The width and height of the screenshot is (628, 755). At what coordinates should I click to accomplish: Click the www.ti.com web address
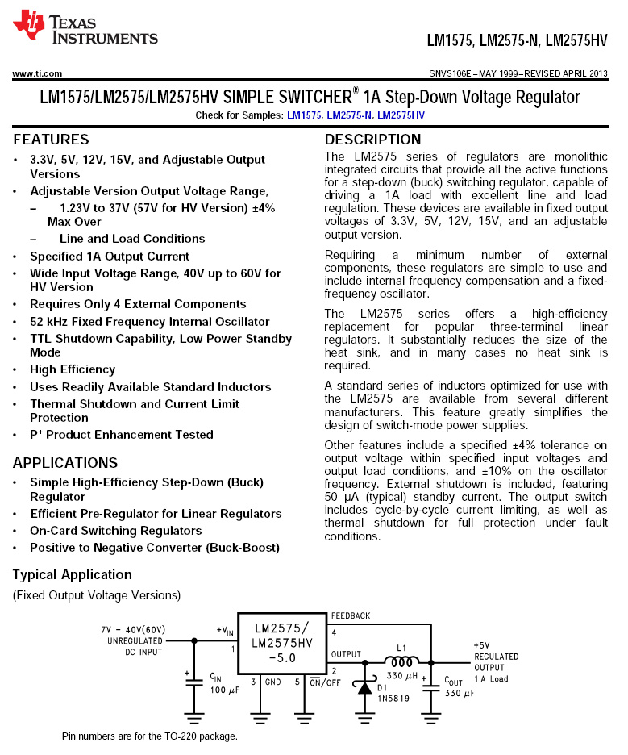37,73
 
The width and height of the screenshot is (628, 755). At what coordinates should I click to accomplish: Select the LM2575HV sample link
401,115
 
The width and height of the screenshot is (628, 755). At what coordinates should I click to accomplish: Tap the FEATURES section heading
51,140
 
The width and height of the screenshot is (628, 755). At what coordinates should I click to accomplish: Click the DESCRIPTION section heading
372,140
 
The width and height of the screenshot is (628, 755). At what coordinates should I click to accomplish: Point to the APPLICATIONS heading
65,463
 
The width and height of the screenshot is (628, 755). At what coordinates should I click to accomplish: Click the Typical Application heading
72,574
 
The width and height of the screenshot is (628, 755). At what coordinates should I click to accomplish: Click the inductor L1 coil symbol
401,661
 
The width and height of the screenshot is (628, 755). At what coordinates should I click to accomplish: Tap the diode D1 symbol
364,687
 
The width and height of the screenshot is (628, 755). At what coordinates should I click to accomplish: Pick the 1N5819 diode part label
393,699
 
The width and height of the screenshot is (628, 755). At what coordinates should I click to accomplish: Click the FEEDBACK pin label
350,615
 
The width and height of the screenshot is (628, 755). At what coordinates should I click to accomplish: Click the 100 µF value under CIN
225,690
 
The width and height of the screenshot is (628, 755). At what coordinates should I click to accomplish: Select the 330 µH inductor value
401,676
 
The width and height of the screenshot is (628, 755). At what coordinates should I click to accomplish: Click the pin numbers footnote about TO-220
150,736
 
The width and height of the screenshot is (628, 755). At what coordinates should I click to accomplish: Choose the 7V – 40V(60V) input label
133,629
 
